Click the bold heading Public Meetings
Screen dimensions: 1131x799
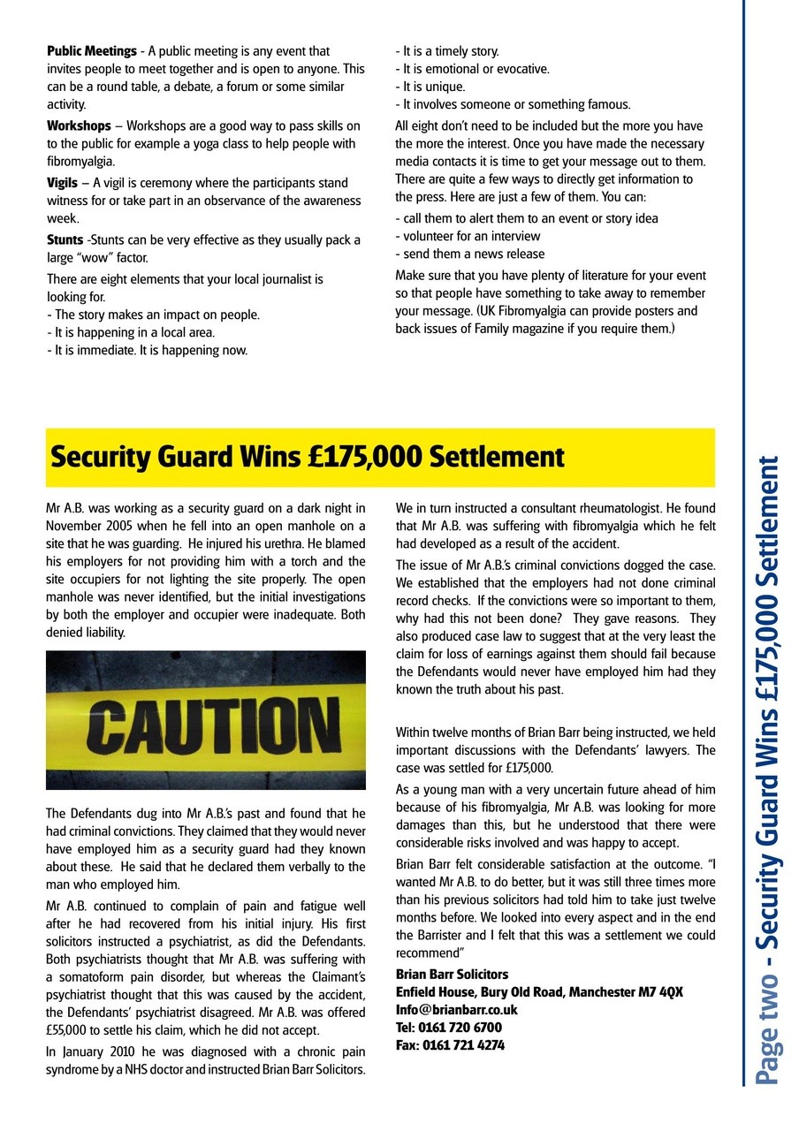point(92,51)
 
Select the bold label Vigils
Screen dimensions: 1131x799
point(62,183)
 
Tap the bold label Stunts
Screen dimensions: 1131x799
point(65,240)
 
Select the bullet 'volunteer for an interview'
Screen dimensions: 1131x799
point(468,236)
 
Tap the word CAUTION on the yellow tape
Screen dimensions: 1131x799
point(205,722)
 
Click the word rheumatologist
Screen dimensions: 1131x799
point(607,508)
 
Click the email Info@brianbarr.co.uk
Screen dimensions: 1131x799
point(456,1009)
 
